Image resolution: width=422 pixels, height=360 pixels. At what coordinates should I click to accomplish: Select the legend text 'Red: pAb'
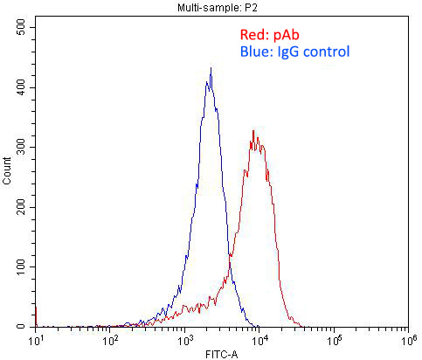(269, 36)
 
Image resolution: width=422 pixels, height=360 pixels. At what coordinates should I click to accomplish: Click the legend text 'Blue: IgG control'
(294, 52)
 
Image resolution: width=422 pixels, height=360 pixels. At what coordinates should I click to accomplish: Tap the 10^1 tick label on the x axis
(37, 338)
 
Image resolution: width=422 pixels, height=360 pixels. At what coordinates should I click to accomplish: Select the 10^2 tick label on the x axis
(111, 338)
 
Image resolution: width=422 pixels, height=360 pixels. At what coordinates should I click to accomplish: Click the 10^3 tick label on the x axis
(185, 338)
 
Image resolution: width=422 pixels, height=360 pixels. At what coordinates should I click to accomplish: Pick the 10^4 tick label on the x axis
(259, 338)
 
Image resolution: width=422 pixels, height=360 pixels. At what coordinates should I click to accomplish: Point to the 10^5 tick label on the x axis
(334, 338)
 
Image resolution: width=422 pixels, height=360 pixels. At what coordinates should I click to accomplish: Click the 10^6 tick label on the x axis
(407, 338)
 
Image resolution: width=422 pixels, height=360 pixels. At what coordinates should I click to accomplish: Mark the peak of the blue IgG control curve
(211, 68)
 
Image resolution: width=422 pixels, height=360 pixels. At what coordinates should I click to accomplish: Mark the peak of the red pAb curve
(253, 131)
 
